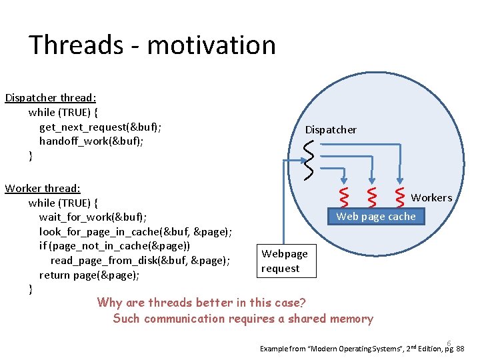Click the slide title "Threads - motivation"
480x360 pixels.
click(152, 45)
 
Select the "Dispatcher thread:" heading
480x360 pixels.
click(51, 98)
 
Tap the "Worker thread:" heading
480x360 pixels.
click(43, 189)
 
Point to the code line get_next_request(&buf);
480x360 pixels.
click(100, 127)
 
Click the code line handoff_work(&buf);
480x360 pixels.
click(91, 141)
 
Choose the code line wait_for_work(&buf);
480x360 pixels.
click(93, 217)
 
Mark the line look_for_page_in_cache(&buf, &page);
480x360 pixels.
click(135, 232)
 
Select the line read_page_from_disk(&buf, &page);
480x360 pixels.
click(140, 261)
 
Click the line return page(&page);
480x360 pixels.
click(89, 275)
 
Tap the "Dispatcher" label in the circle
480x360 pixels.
click(331, 130)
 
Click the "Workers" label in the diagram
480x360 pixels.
click(431, 198)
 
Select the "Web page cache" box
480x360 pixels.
click(375, 216)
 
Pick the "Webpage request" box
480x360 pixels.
click(285, 261)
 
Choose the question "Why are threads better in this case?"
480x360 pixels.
click(201, 303)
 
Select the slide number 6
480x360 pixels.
click(449, 343)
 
